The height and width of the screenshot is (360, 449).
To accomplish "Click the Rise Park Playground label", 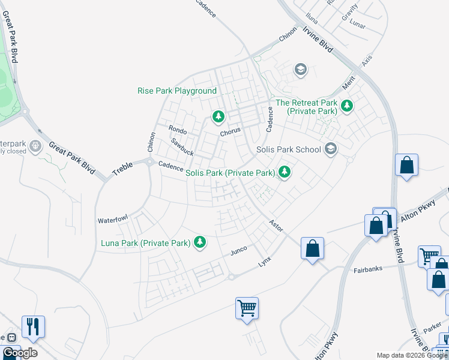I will pos(176,91).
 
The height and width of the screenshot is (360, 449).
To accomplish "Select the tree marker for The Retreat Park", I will pos(346,106).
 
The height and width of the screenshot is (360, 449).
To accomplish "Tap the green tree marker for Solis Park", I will pos(285,173).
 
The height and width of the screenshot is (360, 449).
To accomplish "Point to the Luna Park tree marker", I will pos(200,242).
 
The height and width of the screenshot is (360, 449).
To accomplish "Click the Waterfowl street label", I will pos(113,220).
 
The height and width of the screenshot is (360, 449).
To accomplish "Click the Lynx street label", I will pos(265,262).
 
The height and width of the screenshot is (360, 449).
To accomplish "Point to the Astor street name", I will pos(276,225).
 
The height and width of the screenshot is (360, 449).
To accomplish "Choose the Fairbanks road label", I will pos(368,271).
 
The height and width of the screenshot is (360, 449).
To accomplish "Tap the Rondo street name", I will pos(178,130).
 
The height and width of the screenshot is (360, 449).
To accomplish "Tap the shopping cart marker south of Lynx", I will pos(247,308).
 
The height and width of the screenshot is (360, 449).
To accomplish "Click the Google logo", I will pos(20,353).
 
